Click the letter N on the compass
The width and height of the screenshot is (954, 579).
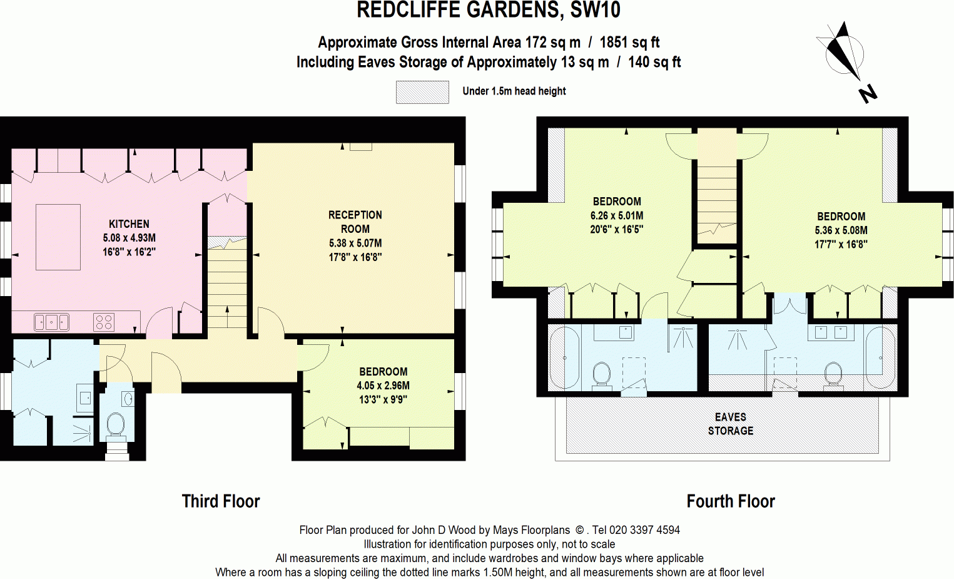coord(868,94)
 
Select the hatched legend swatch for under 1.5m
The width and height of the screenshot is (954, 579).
coord(422,92)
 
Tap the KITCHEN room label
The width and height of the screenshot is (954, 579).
coord(129,224)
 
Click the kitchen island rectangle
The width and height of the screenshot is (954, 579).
coord(58,237)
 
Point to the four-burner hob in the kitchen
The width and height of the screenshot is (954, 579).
coord(104,322)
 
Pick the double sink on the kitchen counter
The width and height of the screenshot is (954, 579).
coord(51,322)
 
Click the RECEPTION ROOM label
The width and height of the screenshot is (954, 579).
coord(355,222)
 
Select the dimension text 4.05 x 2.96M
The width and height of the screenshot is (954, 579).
coord(383,386)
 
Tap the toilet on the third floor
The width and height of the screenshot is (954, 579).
coord(116,424)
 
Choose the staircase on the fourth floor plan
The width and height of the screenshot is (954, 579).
coord(717,200)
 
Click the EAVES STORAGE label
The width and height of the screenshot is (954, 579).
coord(731,424)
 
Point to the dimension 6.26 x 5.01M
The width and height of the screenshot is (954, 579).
coord(616,215)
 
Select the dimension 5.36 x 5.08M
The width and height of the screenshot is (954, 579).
coord(841,230)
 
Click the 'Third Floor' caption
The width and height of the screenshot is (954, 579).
coord(220,501)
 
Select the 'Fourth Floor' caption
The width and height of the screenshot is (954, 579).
coord(731,501)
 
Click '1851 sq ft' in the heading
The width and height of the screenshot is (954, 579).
coord(629,43)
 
